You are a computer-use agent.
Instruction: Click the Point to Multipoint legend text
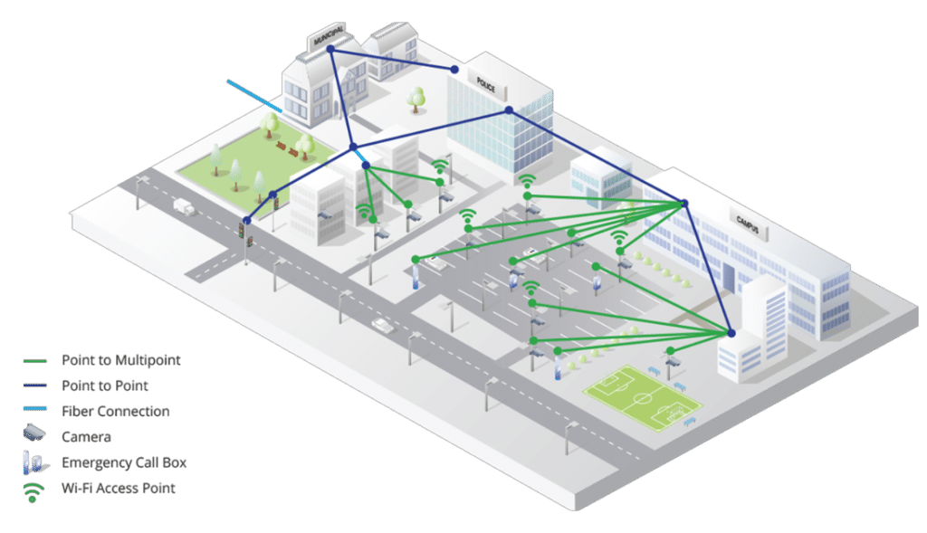click(x=121, y=360)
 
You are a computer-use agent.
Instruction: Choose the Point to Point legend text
click(x=107, y=385)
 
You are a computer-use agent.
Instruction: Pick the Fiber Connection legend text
click(x=115, y=411)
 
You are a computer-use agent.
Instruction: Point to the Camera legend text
click(x=87, y=436)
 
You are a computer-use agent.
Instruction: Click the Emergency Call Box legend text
click(x=124, y=462)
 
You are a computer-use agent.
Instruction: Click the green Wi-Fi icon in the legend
click(x=33, y=490)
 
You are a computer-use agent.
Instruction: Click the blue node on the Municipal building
click(x=330, y=50)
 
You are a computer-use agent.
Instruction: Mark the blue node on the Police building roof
click(x=509, y=110)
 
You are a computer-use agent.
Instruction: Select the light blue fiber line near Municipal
click(x=254, y=97)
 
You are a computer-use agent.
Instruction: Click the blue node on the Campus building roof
click(x=684, y=204)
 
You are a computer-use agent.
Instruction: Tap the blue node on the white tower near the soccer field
click(x=731, y=333)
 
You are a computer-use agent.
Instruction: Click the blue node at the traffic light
click(x=246, y=220)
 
